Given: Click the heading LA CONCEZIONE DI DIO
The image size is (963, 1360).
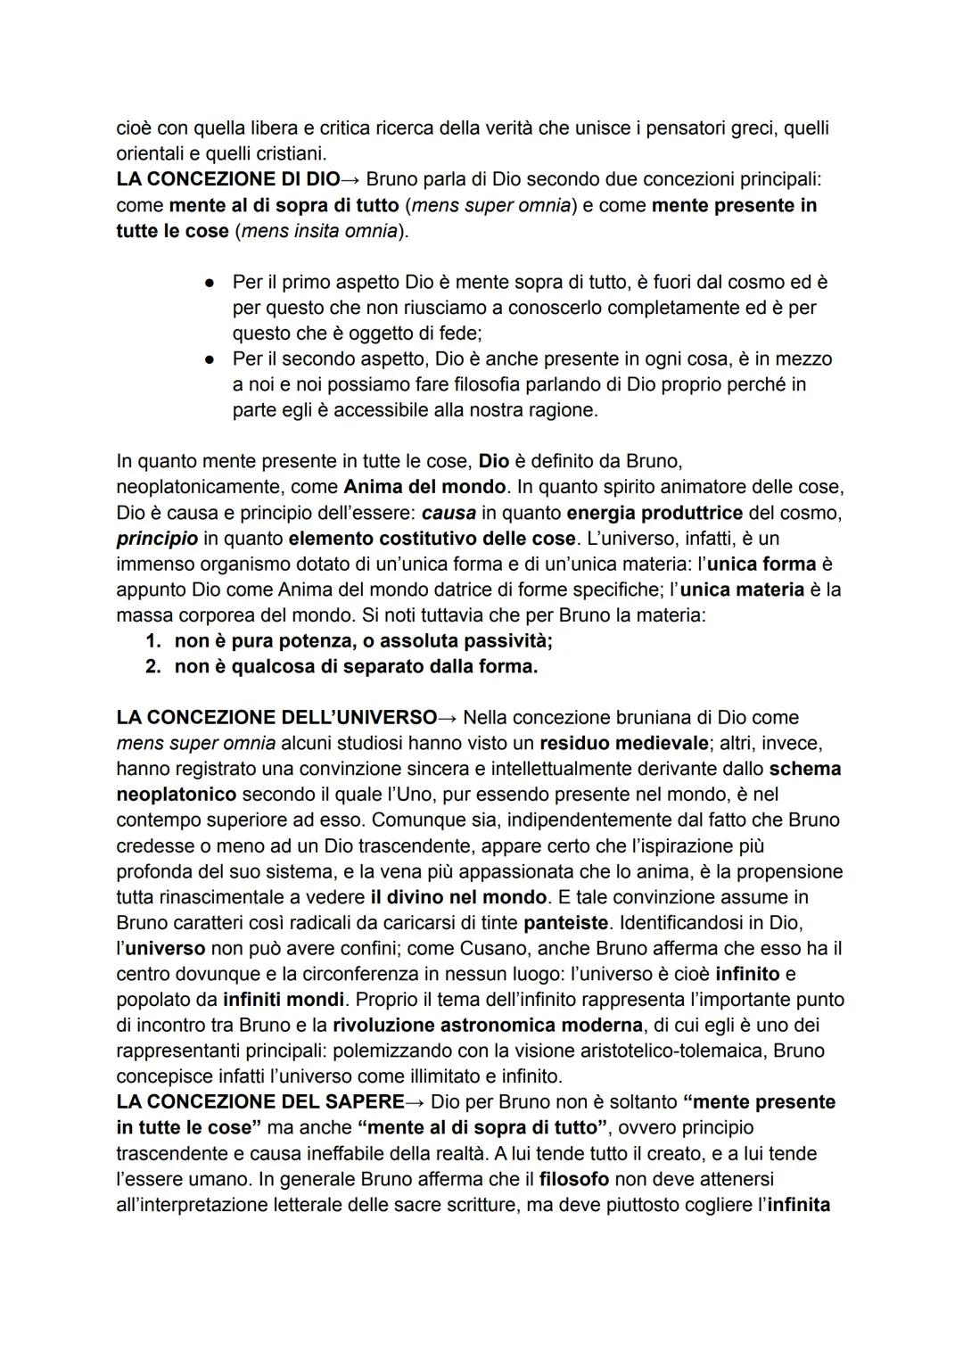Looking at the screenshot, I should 227,179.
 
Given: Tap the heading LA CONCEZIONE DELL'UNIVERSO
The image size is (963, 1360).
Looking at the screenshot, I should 276,718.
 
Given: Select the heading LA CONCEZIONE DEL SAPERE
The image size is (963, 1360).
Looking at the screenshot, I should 259,1102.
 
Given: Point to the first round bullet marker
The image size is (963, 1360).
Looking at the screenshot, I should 207,283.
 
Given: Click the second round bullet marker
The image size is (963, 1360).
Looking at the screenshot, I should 207,359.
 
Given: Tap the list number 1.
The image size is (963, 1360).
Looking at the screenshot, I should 152,641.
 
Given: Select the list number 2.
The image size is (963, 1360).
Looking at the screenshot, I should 152,667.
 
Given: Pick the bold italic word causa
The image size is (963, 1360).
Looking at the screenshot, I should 448,514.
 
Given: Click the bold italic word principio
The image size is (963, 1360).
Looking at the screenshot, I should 157,539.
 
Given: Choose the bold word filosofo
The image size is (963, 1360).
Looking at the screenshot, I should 573,1179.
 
